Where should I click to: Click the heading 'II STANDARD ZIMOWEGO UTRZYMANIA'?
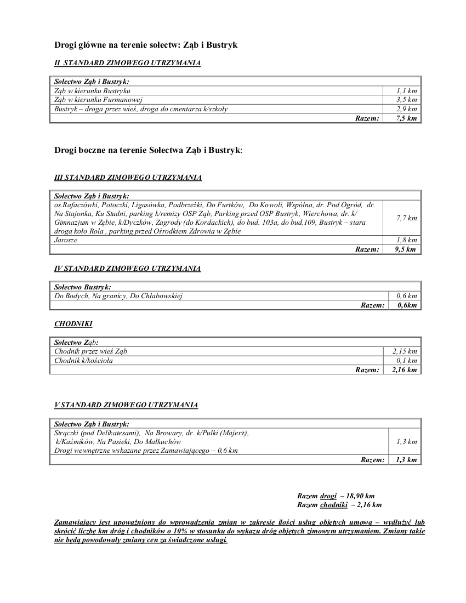coord(127,63)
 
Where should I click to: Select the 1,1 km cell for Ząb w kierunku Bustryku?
coord(406,90)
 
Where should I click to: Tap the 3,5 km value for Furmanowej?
coord(406,100)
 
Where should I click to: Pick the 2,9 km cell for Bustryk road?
coord(406,109)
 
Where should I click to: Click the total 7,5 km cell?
coord(406,118)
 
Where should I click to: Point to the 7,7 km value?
coord(406,218)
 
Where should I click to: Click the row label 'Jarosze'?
coord(66,240)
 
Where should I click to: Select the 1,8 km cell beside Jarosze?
coord(406,240)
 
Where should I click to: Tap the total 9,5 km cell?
coord(406,249)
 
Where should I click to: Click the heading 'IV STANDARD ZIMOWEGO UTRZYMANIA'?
coord(127,269)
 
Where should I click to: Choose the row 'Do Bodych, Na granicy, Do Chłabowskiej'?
coord(118,296)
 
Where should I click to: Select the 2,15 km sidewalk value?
coord(405,351)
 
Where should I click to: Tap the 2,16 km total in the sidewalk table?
coord(405,369)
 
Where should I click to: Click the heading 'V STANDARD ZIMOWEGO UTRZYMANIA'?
coord(126,405)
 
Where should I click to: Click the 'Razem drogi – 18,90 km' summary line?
coord(336,496)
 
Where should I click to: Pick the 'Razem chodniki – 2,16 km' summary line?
coord(339,504)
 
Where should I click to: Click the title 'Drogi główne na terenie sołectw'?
coord(146,44)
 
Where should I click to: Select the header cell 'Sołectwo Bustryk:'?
coord(83,287)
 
